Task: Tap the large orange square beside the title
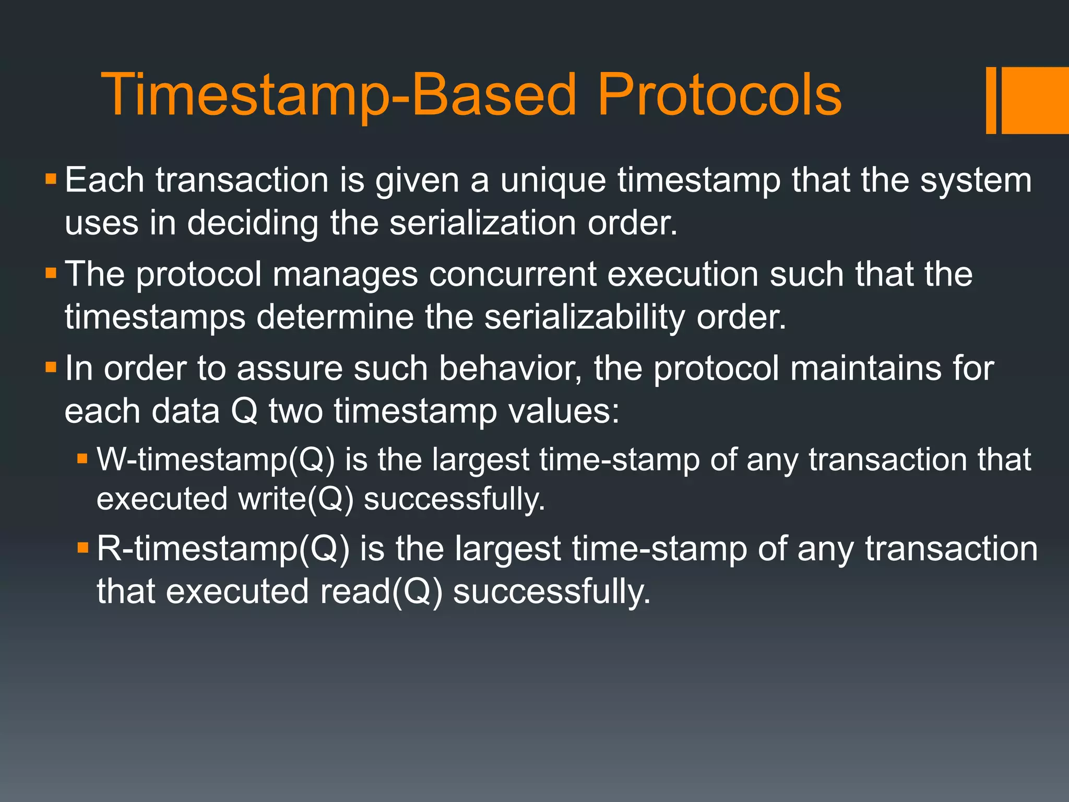(1035, 100)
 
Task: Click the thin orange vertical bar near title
(991, 100)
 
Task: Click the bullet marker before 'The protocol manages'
(51, 273)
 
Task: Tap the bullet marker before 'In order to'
(51, 367)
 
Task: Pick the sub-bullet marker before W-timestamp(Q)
(82, 459)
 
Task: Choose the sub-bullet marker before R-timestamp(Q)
(82, 548)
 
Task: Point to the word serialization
(483, 223)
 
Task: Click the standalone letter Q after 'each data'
(244, 411)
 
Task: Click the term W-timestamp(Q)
(215, 460)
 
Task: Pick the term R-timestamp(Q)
(223, 549)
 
